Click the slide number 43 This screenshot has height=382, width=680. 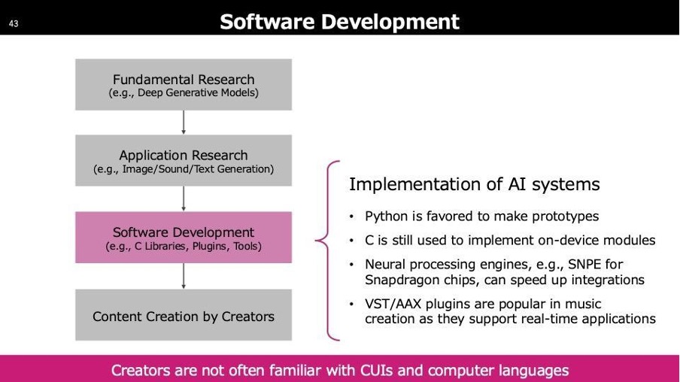14,23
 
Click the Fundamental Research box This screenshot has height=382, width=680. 184,84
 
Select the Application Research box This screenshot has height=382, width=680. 184,160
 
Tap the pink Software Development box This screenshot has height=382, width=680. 184,237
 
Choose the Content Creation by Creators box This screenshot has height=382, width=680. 184,315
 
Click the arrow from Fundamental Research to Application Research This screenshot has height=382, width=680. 184,123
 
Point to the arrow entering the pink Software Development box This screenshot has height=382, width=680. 184,199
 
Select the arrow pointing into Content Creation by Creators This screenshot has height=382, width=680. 184,276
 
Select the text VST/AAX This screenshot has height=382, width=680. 393,304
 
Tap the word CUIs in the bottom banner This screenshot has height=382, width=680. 376,370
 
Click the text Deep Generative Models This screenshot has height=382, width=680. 196,92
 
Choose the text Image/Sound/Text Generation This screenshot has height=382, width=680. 196,169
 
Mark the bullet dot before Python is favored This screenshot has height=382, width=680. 352,217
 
